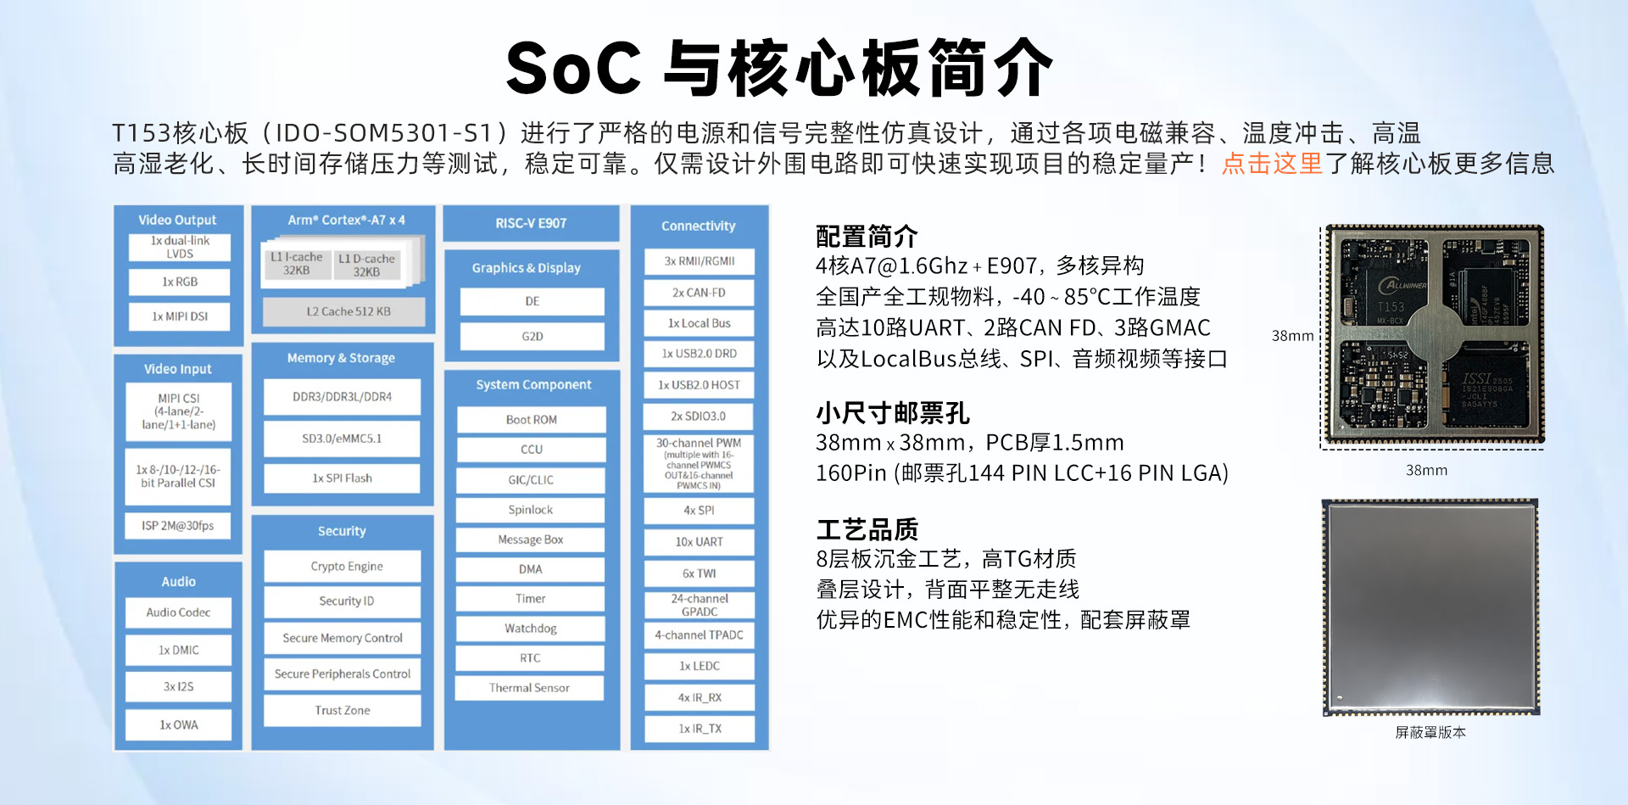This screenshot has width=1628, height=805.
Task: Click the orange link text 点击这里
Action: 1272,163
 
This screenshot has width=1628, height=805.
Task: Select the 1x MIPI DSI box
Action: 180,316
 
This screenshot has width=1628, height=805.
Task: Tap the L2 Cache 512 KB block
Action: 343,311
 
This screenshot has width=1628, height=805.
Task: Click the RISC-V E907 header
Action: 531,223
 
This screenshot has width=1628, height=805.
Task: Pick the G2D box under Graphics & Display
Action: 532,337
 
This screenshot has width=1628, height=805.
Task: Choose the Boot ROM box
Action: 532,420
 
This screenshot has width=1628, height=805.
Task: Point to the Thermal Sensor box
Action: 529,688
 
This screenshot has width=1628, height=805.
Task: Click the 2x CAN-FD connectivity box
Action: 699,293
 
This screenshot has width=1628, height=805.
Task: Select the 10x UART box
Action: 699,542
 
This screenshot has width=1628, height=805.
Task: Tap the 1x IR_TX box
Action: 699,729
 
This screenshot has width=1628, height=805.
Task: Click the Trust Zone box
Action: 343,711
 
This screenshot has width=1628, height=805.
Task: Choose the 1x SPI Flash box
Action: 343,478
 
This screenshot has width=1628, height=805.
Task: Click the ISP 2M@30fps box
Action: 178,526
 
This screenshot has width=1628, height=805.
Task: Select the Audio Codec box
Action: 178,612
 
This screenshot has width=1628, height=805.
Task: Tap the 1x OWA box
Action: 178,725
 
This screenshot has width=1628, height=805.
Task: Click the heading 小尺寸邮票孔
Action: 893,413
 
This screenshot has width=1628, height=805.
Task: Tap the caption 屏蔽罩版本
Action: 1430,732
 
